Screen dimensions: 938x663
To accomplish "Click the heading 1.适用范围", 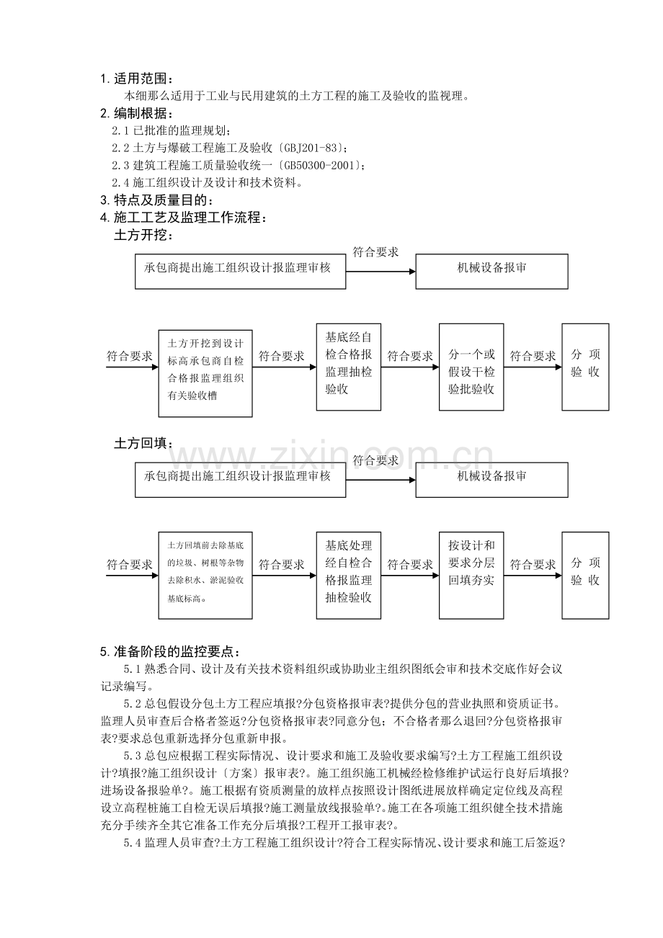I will coord(137,79).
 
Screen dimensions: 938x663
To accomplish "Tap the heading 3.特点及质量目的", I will coord(156,200).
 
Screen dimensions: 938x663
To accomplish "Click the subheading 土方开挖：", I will coord(144,235).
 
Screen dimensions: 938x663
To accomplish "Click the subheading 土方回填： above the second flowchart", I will coord(144,443).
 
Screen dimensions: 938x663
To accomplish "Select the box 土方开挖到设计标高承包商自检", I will coord(205,373).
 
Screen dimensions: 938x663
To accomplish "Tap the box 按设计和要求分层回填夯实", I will coord(471,574).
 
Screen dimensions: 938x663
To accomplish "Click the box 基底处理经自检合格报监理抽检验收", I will coord(349,574).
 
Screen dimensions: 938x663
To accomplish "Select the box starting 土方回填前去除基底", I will coord(205,574).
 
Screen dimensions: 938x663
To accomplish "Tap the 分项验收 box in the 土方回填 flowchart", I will coord(585,574).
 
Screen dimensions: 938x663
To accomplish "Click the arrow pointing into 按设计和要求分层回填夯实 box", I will coord(410,576).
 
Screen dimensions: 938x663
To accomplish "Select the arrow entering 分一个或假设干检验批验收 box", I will coord(410,367).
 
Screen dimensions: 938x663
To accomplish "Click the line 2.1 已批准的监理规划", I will coord(172,130).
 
